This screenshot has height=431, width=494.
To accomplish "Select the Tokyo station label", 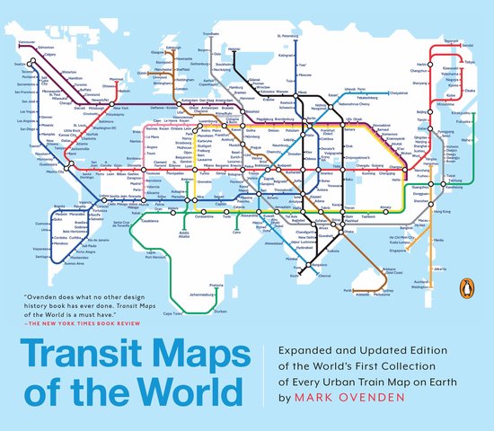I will tap(467, 62).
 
